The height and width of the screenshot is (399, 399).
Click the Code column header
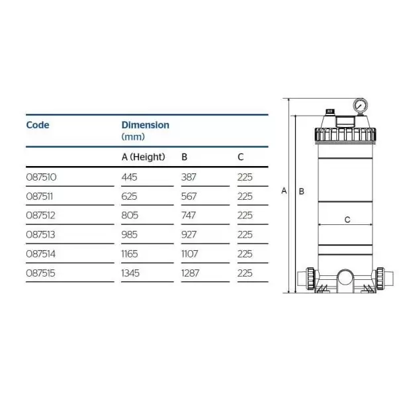38,125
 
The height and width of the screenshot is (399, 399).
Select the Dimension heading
146,125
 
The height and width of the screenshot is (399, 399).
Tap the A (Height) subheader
144,157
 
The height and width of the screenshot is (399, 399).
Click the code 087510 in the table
41,177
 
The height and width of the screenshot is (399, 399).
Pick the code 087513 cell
40,235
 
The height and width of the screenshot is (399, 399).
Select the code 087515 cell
40,273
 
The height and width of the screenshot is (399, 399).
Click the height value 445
129,177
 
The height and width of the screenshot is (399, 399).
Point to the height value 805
130,216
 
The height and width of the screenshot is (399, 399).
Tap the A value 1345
130,273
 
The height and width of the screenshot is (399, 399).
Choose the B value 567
189,197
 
